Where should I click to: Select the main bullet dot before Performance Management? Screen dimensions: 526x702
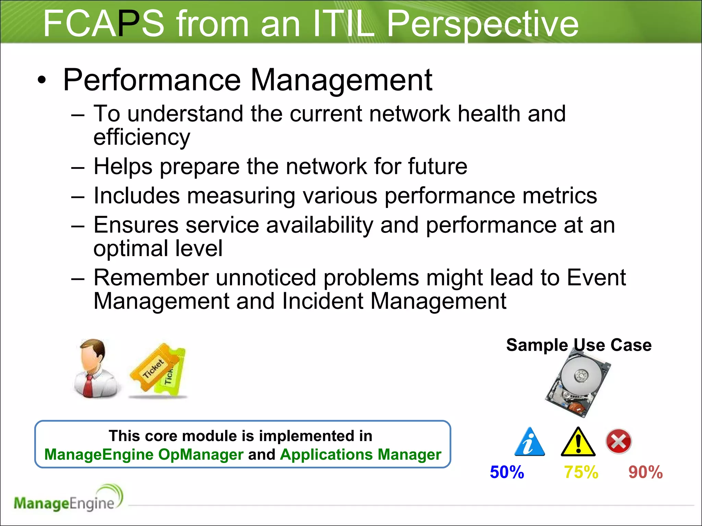[x=41, y=81]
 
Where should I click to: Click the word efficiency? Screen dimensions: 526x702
[x=142, y=138]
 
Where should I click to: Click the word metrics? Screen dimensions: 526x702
[x=559, y=196]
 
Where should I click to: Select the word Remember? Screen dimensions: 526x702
[x=151, y=278]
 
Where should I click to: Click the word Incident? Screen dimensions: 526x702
[x=322, y=301]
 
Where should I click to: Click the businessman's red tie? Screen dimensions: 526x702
[x=89, y=385]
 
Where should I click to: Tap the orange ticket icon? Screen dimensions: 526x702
[x=153, y=368]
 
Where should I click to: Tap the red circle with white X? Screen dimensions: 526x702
[x=618, y=441]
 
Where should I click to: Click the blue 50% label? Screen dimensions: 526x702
[x=507, y=472]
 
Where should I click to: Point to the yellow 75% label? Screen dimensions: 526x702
[x=581, y=472]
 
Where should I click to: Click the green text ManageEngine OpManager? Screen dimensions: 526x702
[x=144, y=455]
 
